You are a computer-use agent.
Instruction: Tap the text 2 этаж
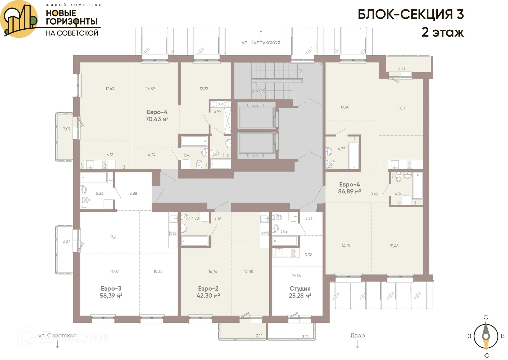pos(442,32)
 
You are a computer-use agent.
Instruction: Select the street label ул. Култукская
pos(261,42)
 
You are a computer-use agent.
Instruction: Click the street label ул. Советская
pos(57,335)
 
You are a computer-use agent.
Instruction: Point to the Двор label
pos(357,335)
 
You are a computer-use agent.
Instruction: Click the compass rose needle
pos(486,336)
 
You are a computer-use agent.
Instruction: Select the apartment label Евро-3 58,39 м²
pos(111,292)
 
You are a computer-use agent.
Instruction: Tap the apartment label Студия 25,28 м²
pos(300,292)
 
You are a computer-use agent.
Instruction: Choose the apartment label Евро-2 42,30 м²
pos(208,292)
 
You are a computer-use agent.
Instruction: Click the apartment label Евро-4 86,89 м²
pos(349,188)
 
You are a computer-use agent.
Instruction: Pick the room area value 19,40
pos(345,107)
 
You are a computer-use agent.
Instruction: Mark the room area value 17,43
pos(110,89)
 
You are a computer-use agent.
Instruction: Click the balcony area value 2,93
pos(402,68)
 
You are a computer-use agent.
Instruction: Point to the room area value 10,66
pos(296,275)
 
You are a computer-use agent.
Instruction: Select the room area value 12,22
pos(204,89)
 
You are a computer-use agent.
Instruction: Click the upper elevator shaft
pos(256,117)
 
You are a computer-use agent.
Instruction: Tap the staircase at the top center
pos(273,79)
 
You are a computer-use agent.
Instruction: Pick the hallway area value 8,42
pos(374,194)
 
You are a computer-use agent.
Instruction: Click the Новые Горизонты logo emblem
pos(19,19)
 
